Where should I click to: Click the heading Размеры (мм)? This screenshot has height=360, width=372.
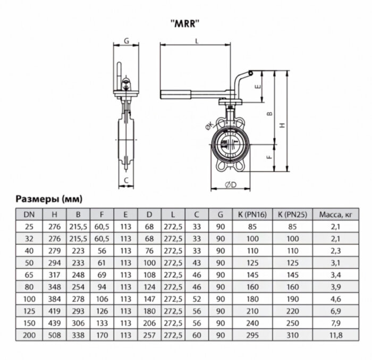(x=48, y=199)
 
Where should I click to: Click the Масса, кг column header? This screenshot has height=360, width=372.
(x=336, y=215)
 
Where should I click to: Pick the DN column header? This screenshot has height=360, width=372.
(x=27, y=215)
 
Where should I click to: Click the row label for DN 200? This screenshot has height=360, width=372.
(x=27, y=336)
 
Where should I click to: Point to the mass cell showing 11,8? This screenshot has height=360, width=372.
(x=336, y=336)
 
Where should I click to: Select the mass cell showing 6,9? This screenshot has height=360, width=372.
(x=336, y=312)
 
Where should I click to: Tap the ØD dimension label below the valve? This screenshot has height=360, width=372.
(x=230, y=184)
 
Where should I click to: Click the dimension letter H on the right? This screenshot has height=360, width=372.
(x=282, y=124)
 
